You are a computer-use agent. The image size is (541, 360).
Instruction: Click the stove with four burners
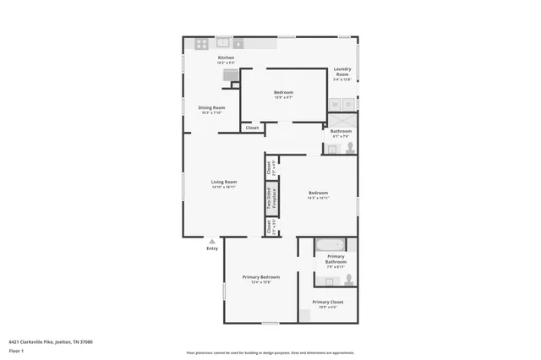[x=203, y=43]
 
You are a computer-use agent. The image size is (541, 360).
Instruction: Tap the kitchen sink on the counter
[x=224, y=41]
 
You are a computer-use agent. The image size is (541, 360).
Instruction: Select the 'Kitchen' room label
[x=202, y=57]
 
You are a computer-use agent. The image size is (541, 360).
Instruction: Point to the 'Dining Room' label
[x=211, y=107]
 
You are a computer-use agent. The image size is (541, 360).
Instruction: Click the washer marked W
[x=334, y=105]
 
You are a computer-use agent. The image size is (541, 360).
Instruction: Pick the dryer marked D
[x=347, y=105]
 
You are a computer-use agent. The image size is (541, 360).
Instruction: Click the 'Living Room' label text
[x=224, y=182]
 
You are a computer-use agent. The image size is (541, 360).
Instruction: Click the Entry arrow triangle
[x=212, y=241]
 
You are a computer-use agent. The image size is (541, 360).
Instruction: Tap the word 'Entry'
[x=212, y=248]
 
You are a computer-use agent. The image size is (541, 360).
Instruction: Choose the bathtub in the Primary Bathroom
[x=326, y=246]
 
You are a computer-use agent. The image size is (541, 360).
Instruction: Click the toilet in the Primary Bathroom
[x=349, y=279]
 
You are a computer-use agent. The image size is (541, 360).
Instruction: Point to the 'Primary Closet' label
[x=327, y=302]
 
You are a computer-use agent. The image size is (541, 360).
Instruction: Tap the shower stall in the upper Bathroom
[x=342, y=121]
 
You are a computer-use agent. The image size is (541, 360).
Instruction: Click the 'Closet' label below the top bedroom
[x=251, y=128]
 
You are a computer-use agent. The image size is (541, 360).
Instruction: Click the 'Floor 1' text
[x=16, y=350]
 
